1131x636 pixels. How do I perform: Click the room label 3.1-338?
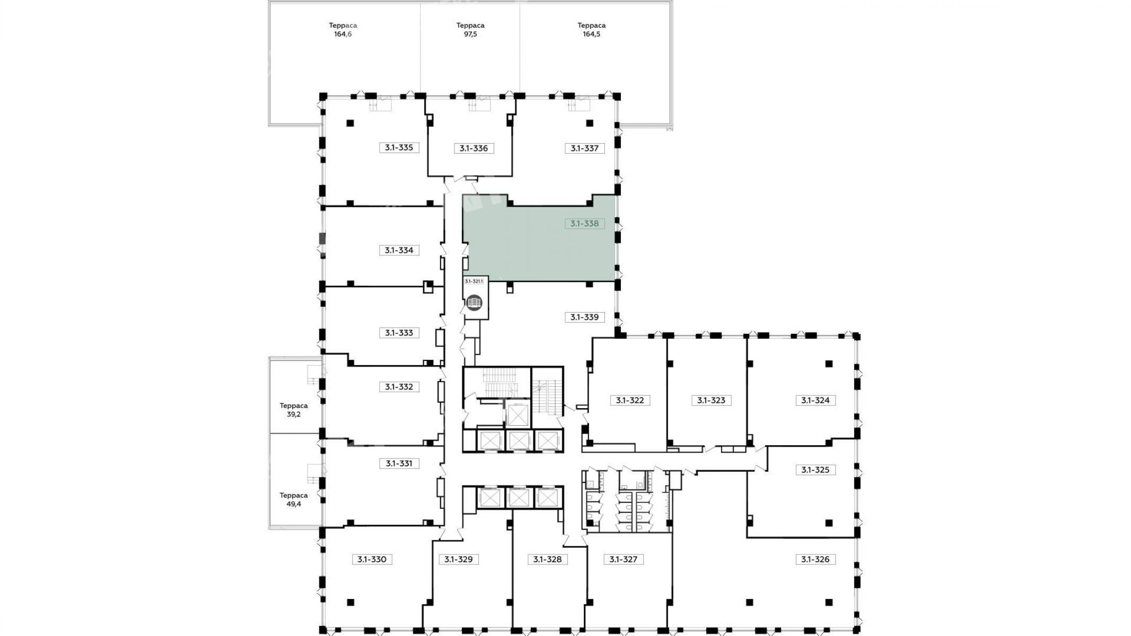click(x=584, y=224)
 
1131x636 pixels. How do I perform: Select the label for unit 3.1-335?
click(x=399, y=147)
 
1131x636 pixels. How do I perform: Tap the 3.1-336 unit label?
click(x=474, y=148)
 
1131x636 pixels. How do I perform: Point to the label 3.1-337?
click(x=584, y=148)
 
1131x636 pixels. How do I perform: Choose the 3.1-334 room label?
click(x=399, y=250)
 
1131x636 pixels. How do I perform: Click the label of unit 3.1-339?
click(x=584, y=317)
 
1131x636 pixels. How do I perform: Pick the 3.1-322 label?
click(x=630, y=400)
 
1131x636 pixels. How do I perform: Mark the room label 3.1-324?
click(x=815, y=400)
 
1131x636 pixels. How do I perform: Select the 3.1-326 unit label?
click(x=815, y=559)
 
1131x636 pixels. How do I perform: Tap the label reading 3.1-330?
click(x=372, y=559)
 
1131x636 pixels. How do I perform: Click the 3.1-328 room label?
click(x=547, y=559)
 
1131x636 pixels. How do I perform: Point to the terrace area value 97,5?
click(x=470, y=34)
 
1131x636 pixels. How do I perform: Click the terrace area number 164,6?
click(x=343, y=34)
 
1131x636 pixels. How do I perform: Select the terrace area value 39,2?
click(x=294, y=414)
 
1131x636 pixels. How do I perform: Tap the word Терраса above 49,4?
click(x=294, y=496)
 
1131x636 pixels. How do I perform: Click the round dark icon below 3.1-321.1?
click(x=474, y=303)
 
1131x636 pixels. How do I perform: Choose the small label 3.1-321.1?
click(x=474, y=281)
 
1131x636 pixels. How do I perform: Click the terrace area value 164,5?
click(x=591, y=34)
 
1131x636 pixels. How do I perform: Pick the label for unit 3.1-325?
click(x=815, y=470)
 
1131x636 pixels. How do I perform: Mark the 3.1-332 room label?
click(x=399, y=387)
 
